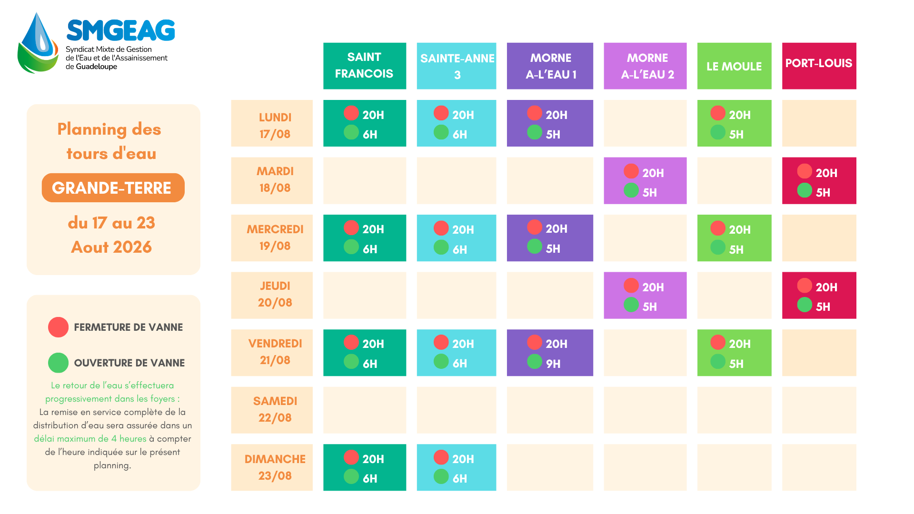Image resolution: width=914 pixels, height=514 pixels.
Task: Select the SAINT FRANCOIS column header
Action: (x=365, y=66)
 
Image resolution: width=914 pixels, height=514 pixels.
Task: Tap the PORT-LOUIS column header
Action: (x=819, y=66)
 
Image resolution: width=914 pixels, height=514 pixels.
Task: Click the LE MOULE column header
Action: (x=735, y=66)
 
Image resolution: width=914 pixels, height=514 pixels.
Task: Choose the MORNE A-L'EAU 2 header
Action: (x=645, y=66)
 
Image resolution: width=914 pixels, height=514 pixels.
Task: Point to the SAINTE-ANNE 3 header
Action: (x=457, y=66)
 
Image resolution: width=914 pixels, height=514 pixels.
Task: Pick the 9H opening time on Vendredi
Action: (x=553, y=364)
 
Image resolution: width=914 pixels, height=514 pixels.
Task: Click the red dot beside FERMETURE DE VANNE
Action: (x=59, y=327)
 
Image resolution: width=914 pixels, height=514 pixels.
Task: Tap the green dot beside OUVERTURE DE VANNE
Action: (x=59, y=363)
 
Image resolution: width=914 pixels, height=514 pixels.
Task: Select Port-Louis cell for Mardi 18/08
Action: (x=819, y=180)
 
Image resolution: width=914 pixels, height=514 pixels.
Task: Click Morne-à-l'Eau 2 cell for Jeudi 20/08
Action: (x=645, y=295)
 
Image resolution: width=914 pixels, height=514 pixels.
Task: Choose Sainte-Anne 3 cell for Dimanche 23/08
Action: (x=457, y=467)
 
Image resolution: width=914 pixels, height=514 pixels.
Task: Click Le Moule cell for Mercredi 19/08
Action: (x=735, y=238)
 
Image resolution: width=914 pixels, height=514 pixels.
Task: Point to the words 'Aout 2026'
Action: (x=111, y=247)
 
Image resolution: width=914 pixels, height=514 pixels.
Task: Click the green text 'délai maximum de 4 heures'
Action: (x=90, y=439)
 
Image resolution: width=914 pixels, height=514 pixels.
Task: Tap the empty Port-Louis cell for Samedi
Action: (x=819, y=410)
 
